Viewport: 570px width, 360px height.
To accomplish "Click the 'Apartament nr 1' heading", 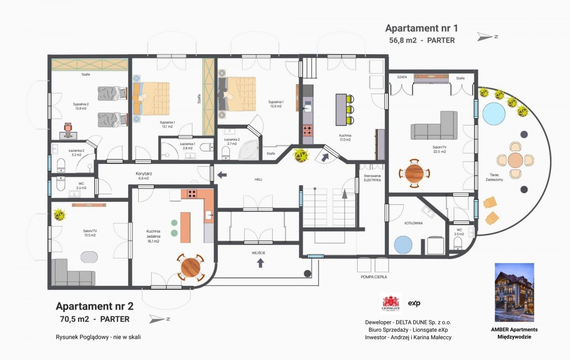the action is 421,28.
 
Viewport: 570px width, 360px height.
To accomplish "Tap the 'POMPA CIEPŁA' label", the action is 373,277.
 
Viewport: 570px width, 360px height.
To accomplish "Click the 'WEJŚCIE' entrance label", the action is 258,253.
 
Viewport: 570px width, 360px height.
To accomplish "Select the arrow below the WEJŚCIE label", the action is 260,263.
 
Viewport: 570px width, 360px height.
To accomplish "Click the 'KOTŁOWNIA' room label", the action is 414,223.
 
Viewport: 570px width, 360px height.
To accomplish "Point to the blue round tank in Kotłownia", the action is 403,245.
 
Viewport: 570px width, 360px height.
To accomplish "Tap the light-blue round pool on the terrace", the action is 494,114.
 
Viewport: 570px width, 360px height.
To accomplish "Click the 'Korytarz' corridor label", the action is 144,173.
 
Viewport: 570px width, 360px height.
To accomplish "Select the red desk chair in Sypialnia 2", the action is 68,127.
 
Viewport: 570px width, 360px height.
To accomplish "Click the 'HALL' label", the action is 258,180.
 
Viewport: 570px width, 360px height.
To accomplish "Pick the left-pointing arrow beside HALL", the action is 222,175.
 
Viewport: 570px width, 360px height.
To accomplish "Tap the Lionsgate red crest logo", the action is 391,303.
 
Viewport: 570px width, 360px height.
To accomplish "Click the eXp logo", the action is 414,303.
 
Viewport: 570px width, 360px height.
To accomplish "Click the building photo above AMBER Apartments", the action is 514,293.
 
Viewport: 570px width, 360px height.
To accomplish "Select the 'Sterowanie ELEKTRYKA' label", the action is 372,178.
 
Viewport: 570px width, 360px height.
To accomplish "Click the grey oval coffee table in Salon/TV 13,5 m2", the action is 89,257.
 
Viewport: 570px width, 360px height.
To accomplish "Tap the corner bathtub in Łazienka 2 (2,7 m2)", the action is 248,150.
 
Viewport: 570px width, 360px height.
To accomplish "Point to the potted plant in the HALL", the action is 301,155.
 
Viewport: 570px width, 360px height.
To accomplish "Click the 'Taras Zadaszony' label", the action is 494,177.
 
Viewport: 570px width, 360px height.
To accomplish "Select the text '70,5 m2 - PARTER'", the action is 95,319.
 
